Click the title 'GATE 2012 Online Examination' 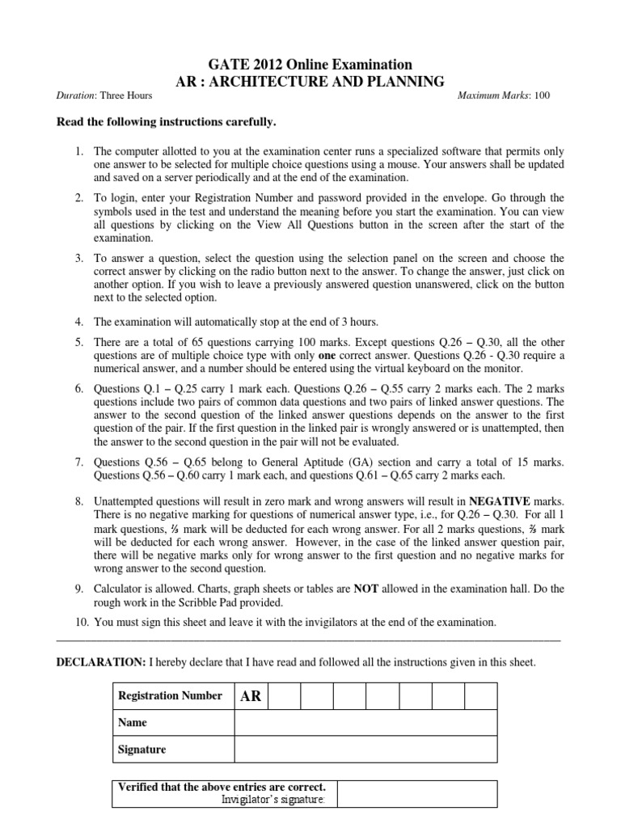(310, 65)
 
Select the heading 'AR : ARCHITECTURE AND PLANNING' (310, 81)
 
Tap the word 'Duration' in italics (76, 96)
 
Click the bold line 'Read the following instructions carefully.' (165, 122)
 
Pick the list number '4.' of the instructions (79, 321)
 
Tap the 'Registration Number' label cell (171, 696)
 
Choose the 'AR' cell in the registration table (251, 696)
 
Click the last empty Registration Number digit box (480, 696)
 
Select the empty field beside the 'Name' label (365, 722)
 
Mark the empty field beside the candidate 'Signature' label (365, 749)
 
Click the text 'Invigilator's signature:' (272, 800)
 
